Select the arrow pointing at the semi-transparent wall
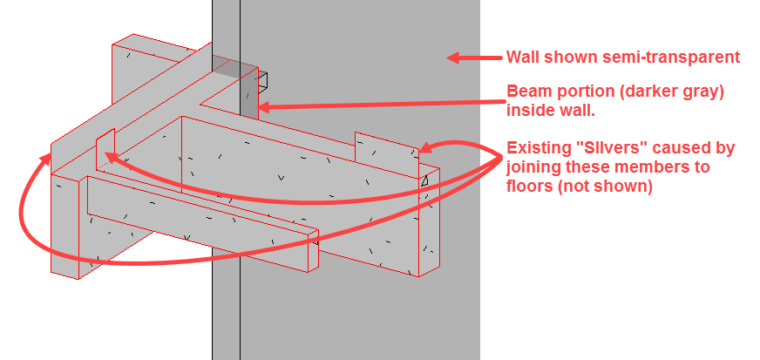pos(474,58)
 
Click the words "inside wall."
pos(551,110)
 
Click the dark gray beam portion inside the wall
pos(248,92)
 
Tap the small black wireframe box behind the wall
pos(262,82)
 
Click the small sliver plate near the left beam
pos(105,149)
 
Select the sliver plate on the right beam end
pos(387,155)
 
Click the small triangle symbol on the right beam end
pos(424,181)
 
